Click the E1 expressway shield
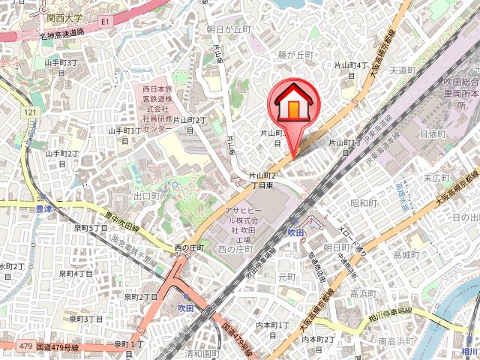(104, 23)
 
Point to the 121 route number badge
(31, 112)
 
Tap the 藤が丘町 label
(295, 55)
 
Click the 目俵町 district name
(432, 133)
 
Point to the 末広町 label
(435, 178)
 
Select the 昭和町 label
(364, 203)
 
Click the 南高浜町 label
(393, 342)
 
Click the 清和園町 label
(200, 352)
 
